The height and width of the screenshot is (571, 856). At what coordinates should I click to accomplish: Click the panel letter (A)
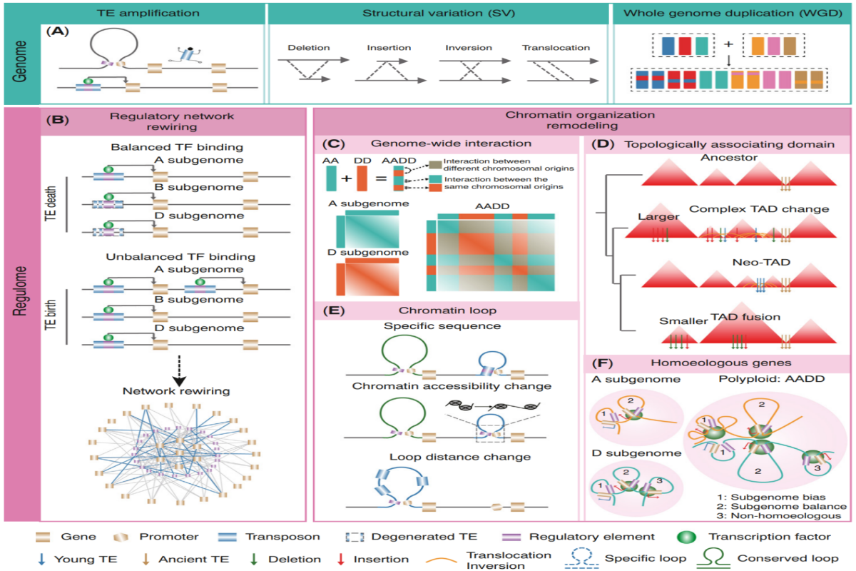click(x=56, y=33)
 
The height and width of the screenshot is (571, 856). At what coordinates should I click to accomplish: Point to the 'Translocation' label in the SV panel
click(x=556, y=48)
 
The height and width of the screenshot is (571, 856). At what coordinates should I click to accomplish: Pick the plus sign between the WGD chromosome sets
click(x=728, y=44)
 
